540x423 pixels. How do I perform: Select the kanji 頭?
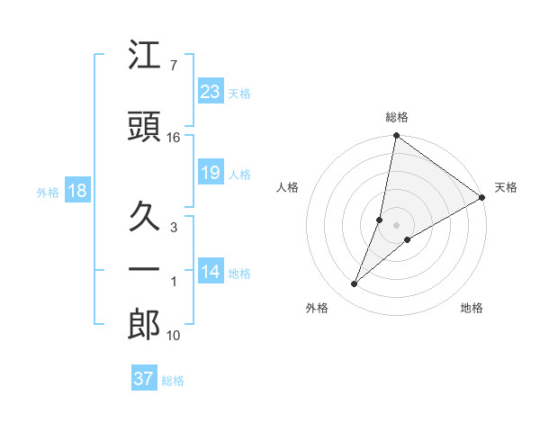145,126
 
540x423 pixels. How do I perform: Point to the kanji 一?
145,270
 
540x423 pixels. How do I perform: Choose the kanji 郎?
145,326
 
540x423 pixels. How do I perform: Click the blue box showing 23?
211,92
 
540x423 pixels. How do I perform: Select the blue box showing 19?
211,173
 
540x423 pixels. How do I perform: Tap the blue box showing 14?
211,273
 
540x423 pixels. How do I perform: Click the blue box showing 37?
144,379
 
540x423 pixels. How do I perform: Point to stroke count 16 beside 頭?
173,138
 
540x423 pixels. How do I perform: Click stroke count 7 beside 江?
173,66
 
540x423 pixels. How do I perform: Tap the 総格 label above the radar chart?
397,118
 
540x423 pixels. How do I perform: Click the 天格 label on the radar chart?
506,187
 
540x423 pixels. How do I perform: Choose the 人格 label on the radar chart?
287,187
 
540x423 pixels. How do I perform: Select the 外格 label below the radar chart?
317,309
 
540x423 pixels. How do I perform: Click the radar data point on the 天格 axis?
482,197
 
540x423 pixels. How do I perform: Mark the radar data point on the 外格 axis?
355,284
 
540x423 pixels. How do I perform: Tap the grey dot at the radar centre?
397,225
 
